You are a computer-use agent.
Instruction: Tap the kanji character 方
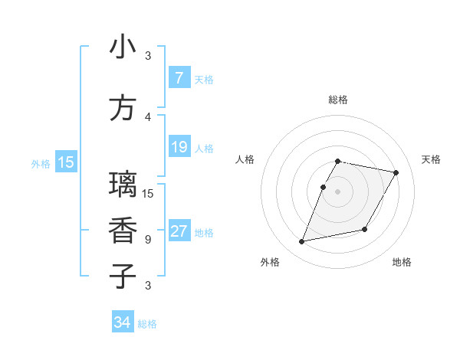coord(123,108)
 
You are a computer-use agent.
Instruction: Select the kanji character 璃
coord(123,185)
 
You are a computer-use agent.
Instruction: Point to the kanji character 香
coord(123,230)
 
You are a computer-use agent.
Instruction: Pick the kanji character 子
coord(123,276)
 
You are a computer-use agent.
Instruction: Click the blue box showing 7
coord(179,78)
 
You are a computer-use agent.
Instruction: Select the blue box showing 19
coord(179,147)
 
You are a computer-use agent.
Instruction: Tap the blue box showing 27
coord(179,232)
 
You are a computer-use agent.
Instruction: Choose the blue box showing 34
coord(123,323)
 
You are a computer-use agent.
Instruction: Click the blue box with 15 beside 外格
coord(66,162)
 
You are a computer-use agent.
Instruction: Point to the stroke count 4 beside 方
coord(148,116)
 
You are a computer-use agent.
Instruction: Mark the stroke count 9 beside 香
coord(148,239)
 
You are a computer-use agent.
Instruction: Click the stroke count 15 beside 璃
coord(148,193)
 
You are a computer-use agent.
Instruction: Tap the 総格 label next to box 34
coord(147,324)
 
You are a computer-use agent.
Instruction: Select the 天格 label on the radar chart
coord(431,159)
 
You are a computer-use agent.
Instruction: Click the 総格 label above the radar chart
coord(337,100)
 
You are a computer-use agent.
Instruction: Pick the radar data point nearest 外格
coord(302,242)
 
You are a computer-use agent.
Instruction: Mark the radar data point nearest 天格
coord(396,173)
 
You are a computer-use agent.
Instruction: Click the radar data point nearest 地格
coord(365,230)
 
